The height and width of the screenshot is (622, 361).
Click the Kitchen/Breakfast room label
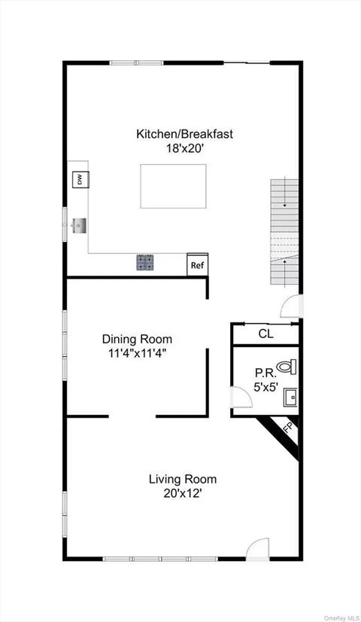click(x=184, y=134)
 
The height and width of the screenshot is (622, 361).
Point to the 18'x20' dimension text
click(x=184, y=148)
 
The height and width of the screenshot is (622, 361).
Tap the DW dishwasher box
click(x=79, y=179)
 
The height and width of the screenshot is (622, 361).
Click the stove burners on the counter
click(x=145, y=262)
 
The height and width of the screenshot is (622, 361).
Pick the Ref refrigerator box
click(x=197, y=265)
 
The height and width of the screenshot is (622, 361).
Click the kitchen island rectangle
click(x=173, y=186)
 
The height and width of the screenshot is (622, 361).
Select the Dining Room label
click(x=137, y=339)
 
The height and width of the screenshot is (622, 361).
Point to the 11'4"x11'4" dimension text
click(x=137, y=352)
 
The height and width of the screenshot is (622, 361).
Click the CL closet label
click(x=265, y=334)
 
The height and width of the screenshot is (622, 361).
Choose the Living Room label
click(x=182, y=479)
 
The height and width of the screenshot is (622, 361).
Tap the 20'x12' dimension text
click(x=182, y=493)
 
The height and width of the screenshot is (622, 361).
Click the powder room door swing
click(x=240, y=397)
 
